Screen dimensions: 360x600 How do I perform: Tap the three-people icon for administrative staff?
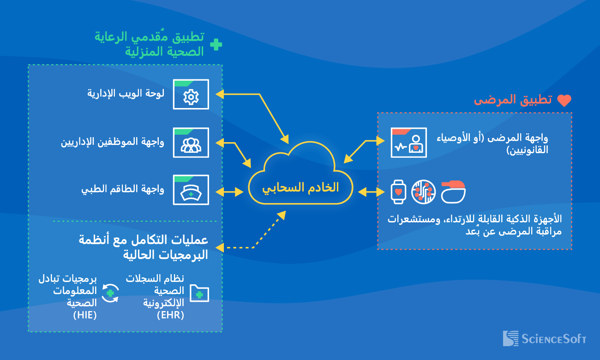pyautogui.click(x=191, y=144)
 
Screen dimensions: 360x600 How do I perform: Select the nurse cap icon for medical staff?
pyautogui.click(x=191, y=192)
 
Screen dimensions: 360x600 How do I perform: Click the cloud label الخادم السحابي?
pyautogui.click(x=300, y=187)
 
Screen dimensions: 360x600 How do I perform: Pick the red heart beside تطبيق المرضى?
pyautogui.click(x=564, y=101)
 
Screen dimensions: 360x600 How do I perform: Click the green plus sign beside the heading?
pyautogui.click(x=216, y=44)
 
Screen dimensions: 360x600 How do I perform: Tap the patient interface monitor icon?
pyautogui.click(x=408, y=143)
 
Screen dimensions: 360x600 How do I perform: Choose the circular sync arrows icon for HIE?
pyautogui.click(x=110, y=293)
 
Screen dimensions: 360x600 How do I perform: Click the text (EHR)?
pyautogui.click(x=170, y=315)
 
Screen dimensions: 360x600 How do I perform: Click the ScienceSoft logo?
pyautogui.click(x=544, y=339)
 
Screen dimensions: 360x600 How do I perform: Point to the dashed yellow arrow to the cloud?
pyautogui.click(x=263, y=235)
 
